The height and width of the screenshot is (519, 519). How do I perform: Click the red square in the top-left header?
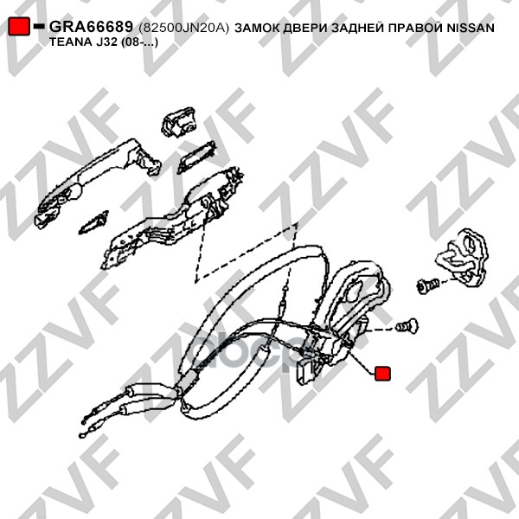click(x=19, y=27)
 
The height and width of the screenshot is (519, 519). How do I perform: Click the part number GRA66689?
click(x=91, y=27)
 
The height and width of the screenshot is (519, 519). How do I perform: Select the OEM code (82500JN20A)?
click(x=184, y=28)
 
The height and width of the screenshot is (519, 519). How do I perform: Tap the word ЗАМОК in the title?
click(x=257, y=28)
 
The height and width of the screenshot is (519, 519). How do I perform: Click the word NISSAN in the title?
click(x=471, y=28)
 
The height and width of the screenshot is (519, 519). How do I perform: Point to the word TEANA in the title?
click(x=68, y=42)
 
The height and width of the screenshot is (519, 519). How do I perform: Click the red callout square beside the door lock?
click(x=382, y=374)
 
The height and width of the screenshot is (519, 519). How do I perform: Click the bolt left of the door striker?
click(x=427, y=285)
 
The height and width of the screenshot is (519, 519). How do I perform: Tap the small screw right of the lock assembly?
click(x=407, y=326)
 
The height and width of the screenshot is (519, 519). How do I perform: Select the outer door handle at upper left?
click(x=98, y=182)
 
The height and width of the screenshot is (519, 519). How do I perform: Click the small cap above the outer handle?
click(x=178, y=123)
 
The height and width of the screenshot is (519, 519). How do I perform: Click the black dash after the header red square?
click(x=39, y=26)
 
